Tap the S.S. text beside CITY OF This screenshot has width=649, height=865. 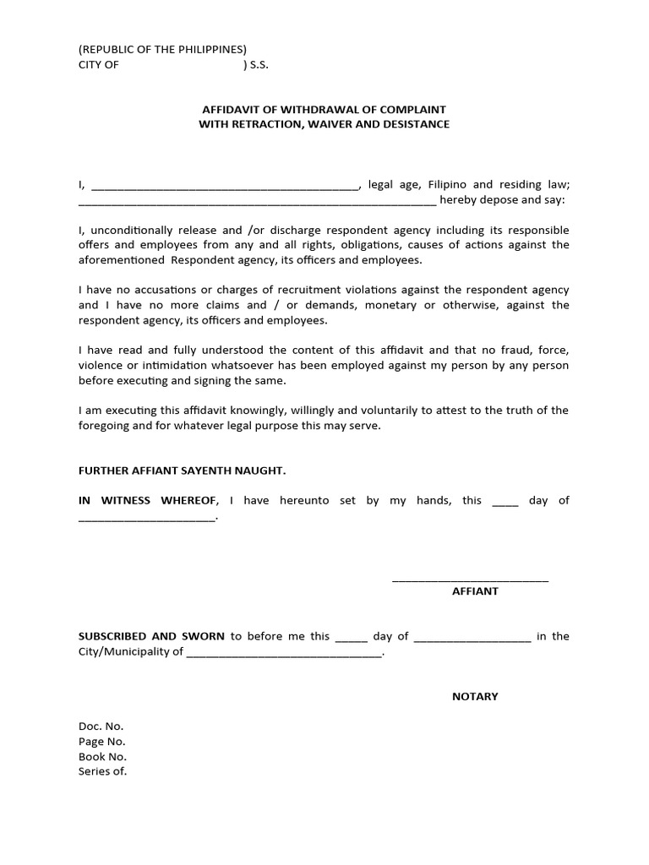tap(256, 64)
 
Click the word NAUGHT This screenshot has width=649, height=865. tap(270, 470)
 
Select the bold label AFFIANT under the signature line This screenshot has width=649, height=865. tap(475, 591)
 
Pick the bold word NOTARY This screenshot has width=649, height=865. tap(475, 696)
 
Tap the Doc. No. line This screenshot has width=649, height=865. tap(101, 726)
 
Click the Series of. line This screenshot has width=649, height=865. tap(102, 771)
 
